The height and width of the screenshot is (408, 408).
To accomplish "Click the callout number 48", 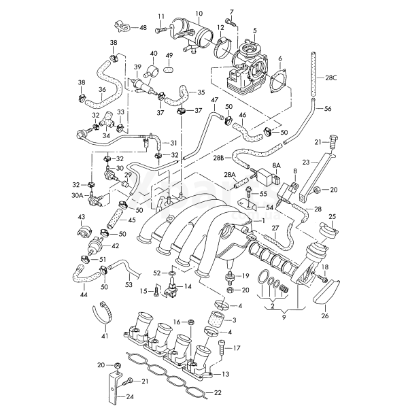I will [143, 27].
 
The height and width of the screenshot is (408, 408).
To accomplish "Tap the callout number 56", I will [328, 109].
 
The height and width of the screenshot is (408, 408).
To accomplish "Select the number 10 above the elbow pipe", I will [199, 14].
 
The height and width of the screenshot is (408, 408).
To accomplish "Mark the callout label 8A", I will [277, 165].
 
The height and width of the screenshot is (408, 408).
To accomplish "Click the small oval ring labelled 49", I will [169, 69].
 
